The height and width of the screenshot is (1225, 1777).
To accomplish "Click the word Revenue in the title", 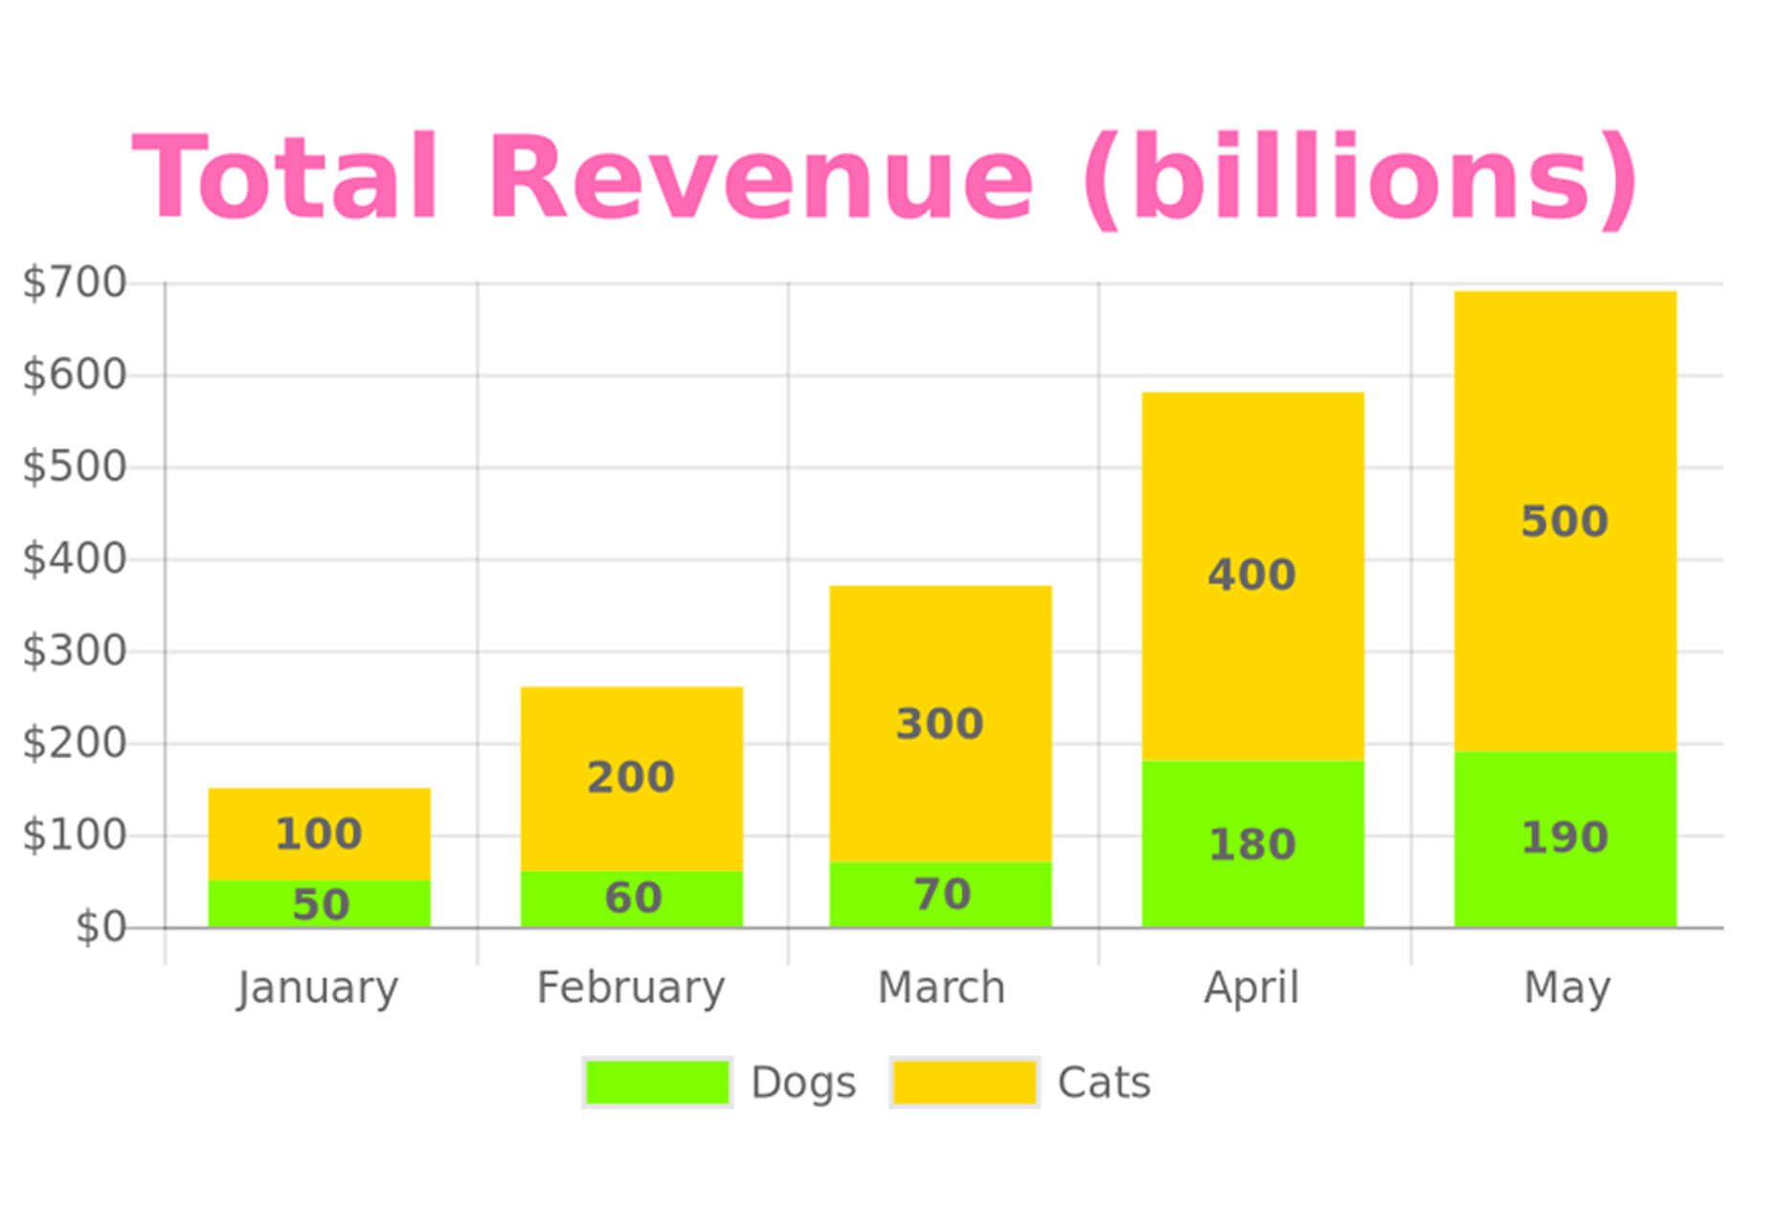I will point(761,179).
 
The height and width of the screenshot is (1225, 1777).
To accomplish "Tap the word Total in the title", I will point(285,179).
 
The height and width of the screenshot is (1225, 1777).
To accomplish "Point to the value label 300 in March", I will point(939,724).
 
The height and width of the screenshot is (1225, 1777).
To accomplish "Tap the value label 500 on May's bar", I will point(1564,522).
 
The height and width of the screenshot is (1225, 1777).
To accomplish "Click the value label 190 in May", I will point(1564,837).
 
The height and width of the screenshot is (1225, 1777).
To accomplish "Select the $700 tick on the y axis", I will point(75,283).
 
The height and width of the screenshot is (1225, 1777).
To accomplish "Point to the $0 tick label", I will point(101,927).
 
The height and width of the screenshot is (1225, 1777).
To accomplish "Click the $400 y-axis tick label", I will point(75,559).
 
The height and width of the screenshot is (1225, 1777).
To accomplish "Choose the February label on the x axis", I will point(630,988).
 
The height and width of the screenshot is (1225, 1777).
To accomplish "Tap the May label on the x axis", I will point(1566,988).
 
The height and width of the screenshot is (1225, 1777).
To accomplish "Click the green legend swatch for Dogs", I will point(657,1082).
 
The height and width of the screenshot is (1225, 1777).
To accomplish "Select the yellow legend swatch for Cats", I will point(964,1082).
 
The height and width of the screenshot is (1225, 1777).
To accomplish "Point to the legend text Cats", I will point(1103,1082).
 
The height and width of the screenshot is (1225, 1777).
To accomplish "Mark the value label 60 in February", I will point(633,898).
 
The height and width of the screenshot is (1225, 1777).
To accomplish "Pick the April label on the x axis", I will point(1251,988).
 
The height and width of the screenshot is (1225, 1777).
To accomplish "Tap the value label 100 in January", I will point(318,834).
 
